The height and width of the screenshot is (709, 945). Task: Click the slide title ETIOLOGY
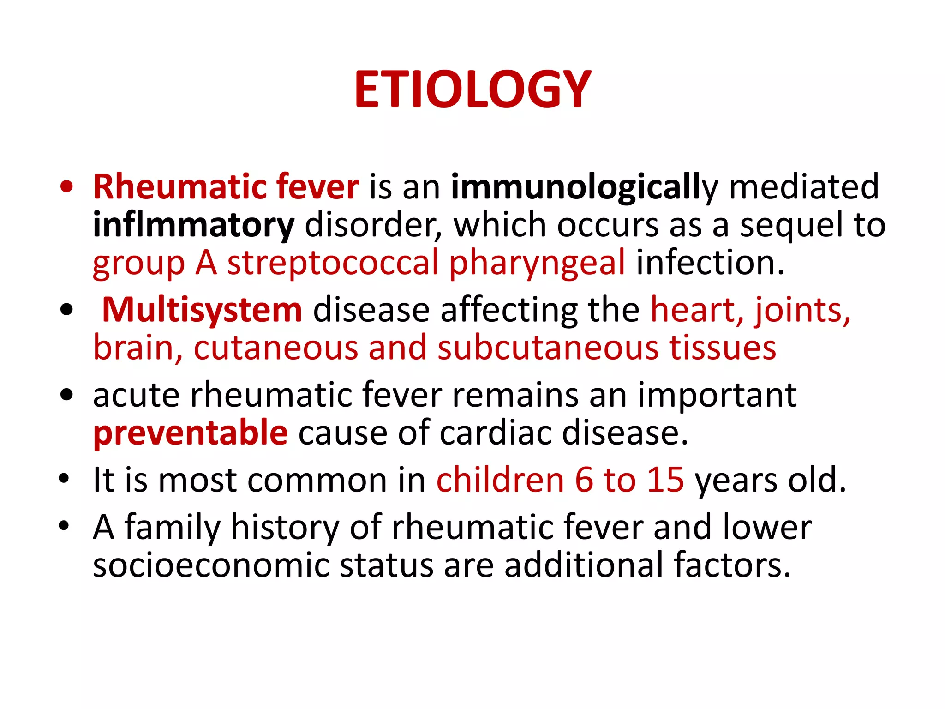coord(472,90)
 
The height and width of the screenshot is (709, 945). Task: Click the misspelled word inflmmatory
coord(193,225)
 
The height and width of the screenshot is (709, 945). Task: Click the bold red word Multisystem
coord(202,310)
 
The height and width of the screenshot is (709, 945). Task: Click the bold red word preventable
coord(191,433)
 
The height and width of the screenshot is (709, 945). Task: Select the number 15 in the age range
coord(665,480)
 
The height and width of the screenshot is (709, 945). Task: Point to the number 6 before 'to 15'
coord(584,480)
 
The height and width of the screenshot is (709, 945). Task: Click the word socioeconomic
coord(211,565)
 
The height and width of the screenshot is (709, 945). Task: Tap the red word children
coord(500,480)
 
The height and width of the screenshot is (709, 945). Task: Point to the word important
coord(717,395)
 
